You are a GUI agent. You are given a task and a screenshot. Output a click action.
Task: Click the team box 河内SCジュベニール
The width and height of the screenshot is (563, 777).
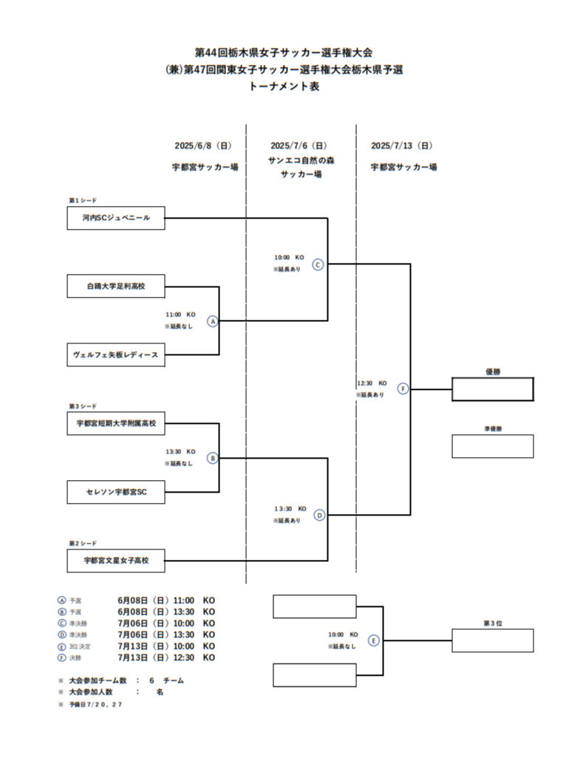click(116, 218)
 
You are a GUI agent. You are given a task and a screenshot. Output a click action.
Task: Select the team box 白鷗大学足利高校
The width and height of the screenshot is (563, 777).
click(116, 286)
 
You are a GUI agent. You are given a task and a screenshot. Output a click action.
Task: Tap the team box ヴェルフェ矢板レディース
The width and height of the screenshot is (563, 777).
click(116, 355)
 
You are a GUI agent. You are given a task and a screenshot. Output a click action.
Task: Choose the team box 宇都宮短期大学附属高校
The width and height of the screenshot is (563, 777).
click(116, 423)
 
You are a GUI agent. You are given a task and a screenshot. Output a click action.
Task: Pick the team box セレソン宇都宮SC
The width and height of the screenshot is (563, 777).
click(116, 492)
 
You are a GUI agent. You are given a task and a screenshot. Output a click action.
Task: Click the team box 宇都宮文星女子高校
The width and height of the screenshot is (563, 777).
click(116, 561)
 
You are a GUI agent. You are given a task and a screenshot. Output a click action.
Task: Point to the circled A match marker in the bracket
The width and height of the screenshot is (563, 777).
click(213, 321)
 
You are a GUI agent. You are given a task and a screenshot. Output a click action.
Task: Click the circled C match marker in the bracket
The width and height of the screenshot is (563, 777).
click(318, 264)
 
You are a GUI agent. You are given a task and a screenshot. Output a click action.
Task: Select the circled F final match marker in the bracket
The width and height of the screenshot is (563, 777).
click(403, 388)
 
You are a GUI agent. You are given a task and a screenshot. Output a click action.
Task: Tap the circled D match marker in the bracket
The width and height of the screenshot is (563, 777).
click(319, 516)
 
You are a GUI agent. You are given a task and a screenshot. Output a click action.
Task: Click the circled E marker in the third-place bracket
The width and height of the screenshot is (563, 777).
click(373, 640)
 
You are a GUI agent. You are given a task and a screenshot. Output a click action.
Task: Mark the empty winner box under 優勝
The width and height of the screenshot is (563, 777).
click(492, 389)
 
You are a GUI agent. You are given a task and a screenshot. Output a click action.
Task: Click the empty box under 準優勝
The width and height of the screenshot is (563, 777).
click(492, 446)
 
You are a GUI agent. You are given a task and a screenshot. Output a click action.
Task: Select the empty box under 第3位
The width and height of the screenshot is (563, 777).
click(492, 640)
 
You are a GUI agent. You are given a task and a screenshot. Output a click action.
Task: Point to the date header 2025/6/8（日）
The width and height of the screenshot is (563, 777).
click(203, 146)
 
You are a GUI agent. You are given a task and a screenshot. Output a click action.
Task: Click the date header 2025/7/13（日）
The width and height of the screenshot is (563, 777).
click(402, 146)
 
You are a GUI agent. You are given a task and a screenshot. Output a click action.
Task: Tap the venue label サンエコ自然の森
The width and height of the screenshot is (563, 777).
click(301, 160)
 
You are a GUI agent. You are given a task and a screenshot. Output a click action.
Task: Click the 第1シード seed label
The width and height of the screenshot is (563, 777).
click(83, 200)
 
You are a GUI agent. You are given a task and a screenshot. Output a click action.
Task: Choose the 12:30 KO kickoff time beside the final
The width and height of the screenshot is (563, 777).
click(372, 383)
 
